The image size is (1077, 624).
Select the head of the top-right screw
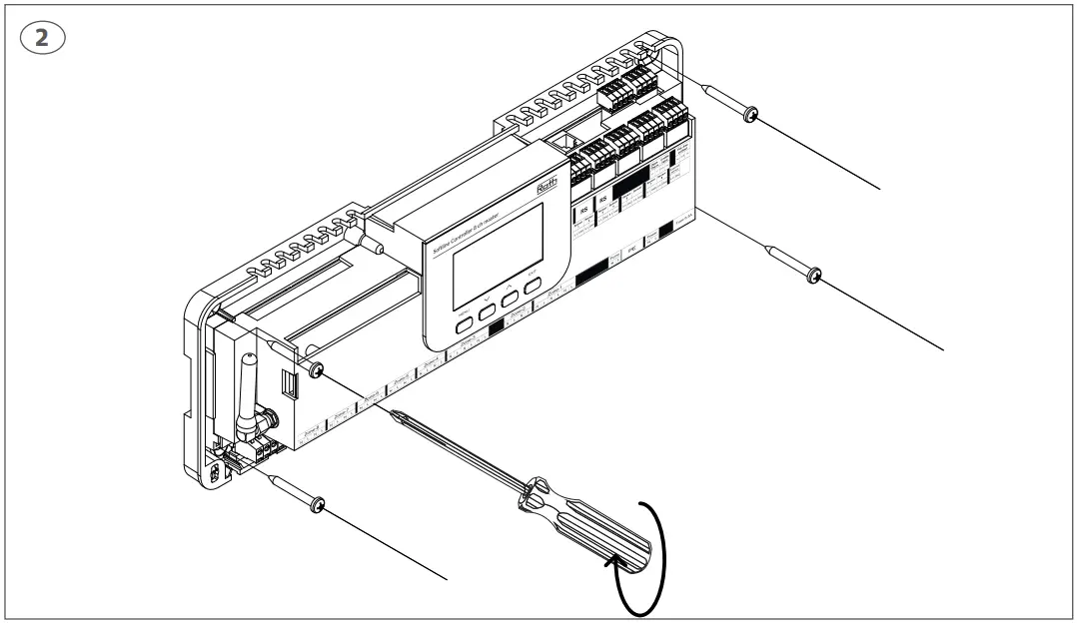751,116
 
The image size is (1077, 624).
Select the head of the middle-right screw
814,275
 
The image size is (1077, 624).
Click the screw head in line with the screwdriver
316,370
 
